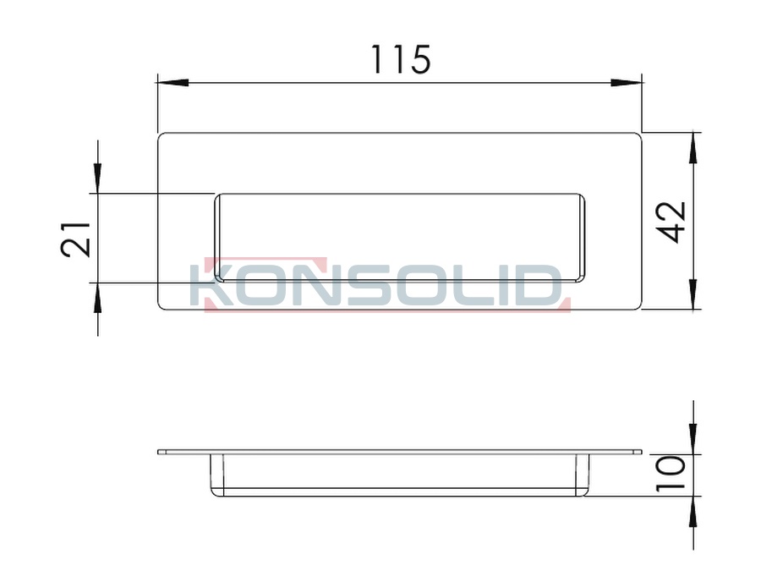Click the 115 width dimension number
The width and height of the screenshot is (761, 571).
[x=401, y=60]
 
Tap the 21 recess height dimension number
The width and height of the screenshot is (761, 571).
[x=76, y=239]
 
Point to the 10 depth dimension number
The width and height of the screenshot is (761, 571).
[x=671, y=474]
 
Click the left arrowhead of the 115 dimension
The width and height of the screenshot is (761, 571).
[x=172, y=83]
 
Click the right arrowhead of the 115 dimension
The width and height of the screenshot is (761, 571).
[x=627, y=83]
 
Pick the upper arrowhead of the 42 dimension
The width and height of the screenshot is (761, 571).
[x=693, y=147]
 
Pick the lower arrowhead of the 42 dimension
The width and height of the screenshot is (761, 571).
[x=693, y=294]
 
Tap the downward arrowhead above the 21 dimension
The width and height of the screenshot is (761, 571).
[x=97, y=178]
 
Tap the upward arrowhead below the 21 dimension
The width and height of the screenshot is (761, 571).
[x=97, y=298]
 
